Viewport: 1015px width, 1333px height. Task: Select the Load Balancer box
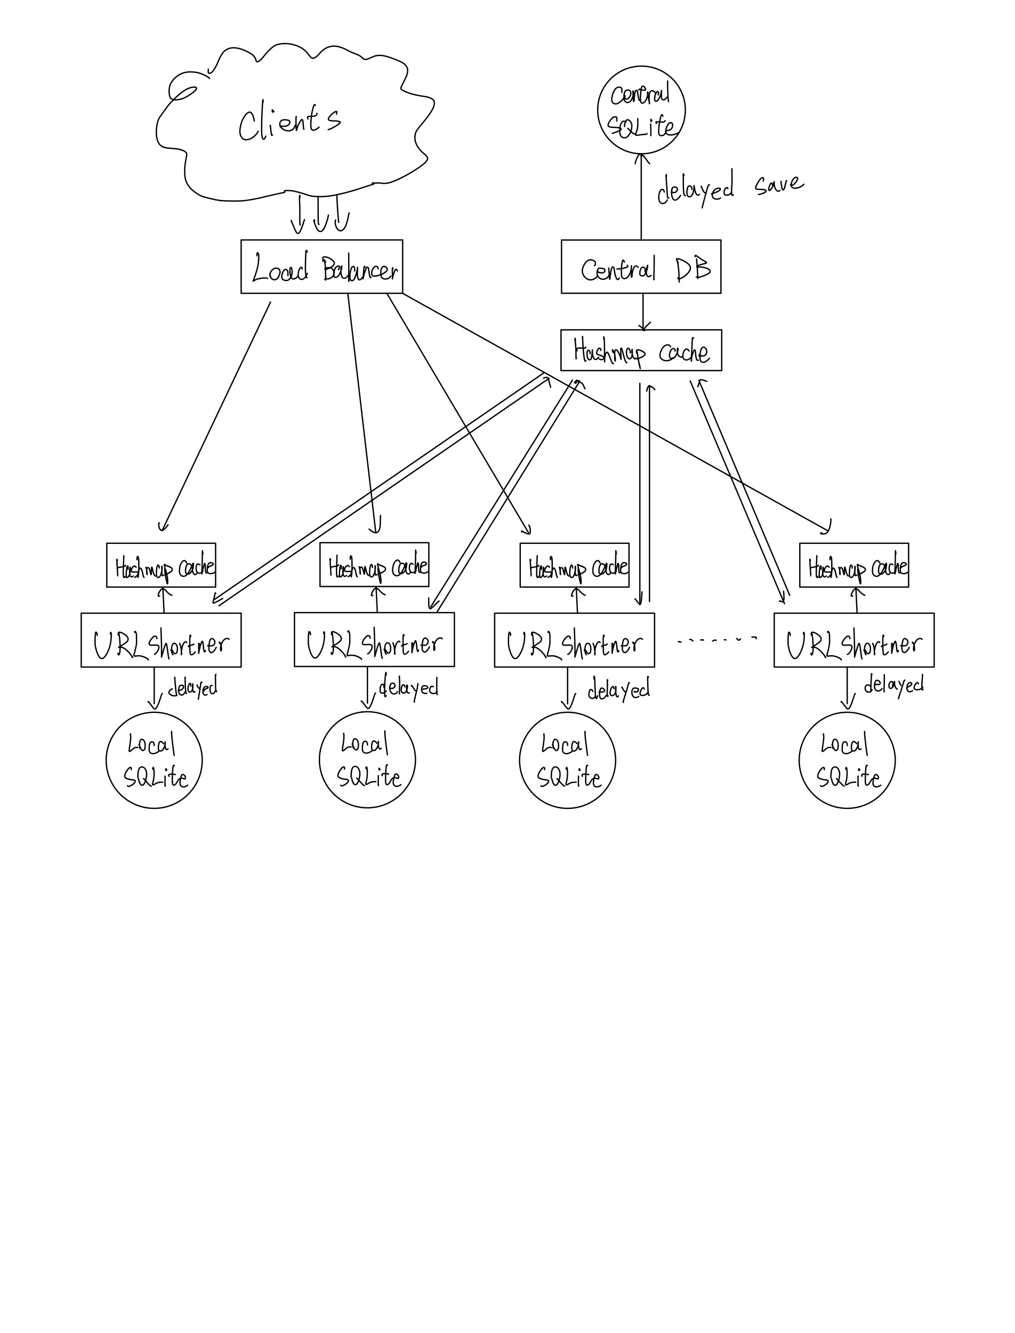pyautogui.click(x=321, y=267)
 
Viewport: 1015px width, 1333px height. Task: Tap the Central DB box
pyautogui.click(x=640, y=267)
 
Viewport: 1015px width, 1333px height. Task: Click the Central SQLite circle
pyautogui.click(x=641, y=110)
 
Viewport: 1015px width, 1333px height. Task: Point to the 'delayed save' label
pyautogui.click(x=729, y=187)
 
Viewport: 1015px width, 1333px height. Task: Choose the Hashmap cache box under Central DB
pyautogui.click(x=641, y=350)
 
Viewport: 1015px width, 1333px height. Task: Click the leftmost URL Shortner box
pyautogui.click(x=160, y=640)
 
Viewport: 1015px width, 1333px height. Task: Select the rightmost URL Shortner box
pyautogui.click(x=853, y=640)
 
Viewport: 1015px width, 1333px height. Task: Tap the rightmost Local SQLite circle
pyautogui.click(x=847, y=760)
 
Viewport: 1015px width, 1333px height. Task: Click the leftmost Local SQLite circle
pyautogui.click(x=154, y=760)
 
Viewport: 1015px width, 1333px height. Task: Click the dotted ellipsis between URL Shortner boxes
pyautogui.click(x=716, y=639)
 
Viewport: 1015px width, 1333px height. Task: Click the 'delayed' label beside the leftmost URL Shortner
pyautogui.click(x=192, y=687)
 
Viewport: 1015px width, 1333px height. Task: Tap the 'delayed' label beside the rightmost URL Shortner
pyautogui.click(x=893, y=685)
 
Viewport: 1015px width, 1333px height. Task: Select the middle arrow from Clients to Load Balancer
pyautogui.click(x=320, y=213)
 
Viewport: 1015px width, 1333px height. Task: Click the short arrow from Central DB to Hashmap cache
pyautogui.click(x=643, y=312)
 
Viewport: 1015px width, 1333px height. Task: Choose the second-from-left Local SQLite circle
pyautogui.click(x=367, y=760)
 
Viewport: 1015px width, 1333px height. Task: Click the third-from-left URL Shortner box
pyautogui.click(x=574, y=640)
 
